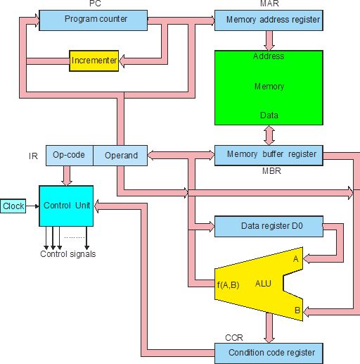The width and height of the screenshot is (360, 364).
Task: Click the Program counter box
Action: click(x=94, y=20)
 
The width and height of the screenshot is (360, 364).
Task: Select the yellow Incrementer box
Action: click(x=94, y=61)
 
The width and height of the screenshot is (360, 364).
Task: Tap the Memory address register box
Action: click(x=269, y=20)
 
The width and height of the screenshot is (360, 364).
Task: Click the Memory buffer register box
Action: click(x=269, y=156)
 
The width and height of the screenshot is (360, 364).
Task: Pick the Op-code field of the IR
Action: click(x=70, y=156)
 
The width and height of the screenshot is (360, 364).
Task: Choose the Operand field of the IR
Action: click(x=120, y=156)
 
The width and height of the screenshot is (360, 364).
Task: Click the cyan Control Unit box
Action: click(x=66, y=206)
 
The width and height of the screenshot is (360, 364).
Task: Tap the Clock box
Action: click(x=13, y=206)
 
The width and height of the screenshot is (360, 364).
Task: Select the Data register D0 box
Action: click(x=269, y=227)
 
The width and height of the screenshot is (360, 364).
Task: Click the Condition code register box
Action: click(x=269, y=353)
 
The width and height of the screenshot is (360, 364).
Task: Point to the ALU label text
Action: click(x=263, y=284)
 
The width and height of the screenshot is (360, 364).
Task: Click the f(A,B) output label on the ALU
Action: click(x=228, y=285)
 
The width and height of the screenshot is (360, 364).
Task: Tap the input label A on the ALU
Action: click(x=296, y=259)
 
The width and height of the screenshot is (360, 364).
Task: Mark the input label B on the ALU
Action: click(x=297, y=310)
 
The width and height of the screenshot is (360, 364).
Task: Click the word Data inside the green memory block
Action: click(x=269, y=115)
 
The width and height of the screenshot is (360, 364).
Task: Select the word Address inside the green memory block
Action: click(x=269, y=56)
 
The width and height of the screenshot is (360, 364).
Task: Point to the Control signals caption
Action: click(x=68, y=254)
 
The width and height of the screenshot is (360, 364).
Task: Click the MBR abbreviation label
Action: click(x=271, y=171)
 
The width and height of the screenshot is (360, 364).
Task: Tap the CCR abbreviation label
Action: click(x=234, y=338)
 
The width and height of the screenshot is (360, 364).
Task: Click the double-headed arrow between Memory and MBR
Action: click(x=269, y=135)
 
